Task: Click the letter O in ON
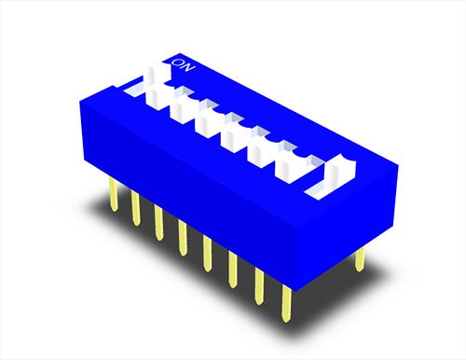click(179, 62)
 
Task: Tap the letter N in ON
click(189, 67)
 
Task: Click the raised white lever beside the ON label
click(156, 87)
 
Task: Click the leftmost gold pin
click(114, 195)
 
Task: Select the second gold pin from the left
click(136, 208)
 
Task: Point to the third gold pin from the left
click(158, 223)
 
